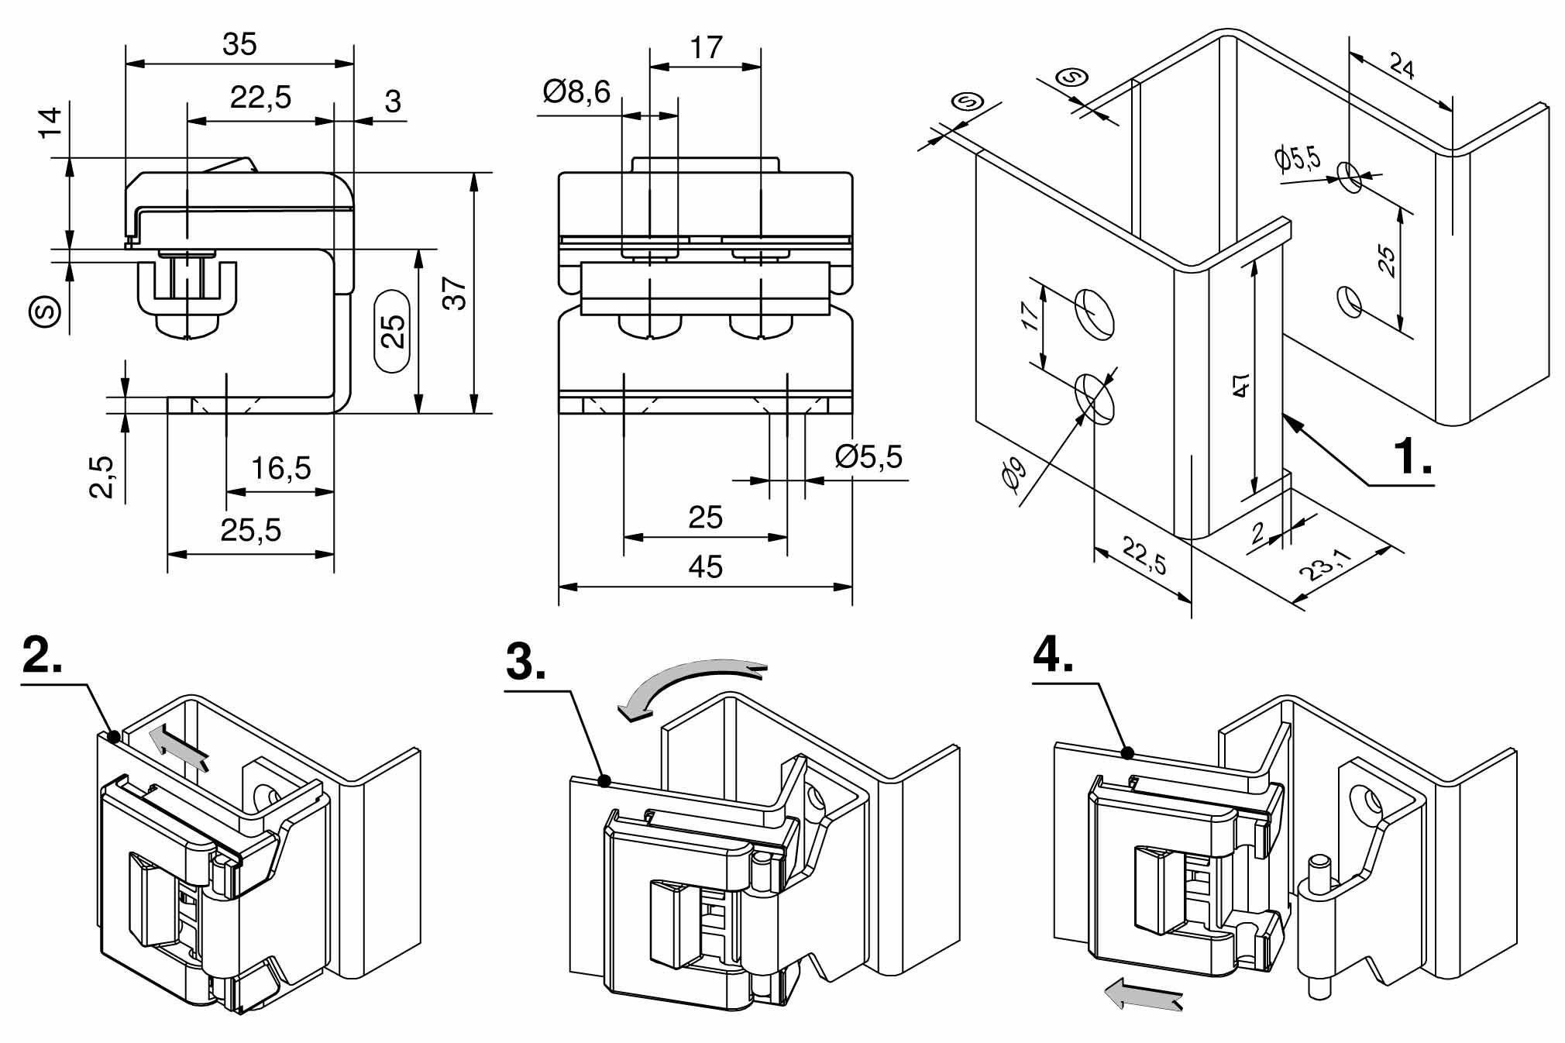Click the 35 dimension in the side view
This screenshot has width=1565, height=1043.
pos(239,44)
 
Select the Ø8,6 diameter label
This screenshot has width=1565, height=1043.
pos(576,92)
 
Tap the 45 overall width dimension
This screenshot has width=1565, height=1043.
pos(705,566)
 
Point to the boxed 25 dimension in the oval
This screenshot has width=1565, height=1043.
pos(393,331)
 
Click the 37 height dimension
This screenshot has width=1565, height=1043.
pos(455,294)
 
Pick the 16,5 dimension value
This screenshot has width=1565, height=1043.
pos(280,468)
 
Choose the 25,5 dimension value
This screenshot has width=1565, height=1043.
pos(250,530)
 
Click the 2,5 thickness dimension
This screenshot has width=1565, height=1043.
pos(101,477)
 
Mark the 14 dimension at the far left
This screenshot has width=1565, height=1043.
pos(50,122)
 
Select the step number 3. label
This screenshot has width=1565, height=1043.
pos(525,662)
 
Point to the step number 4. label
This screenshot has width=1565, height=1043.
pos(1053,655)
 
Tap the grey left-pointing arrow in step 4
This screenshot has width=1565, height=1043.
pos(1143,993)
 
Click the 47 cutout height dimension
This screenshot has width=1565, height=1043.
pos(1240,385)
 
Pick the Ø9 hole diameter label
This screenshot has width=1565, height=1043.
pos(1013,472)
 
